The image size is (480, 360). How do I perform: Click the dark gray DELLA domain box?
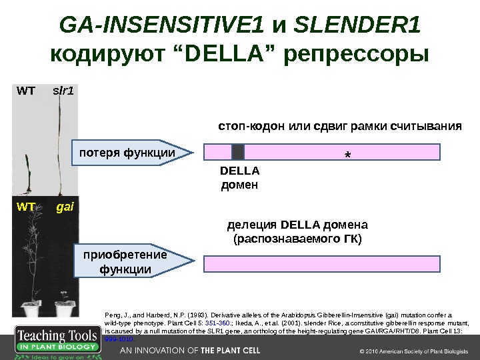pyautogui.click(x=238, y=152)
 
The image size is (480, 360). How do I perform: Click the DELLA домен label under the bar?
pyautogui.click(x=238, y=178)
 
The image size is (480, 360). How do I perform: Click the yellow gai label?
pyautogui.click(x=65, y=207)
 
